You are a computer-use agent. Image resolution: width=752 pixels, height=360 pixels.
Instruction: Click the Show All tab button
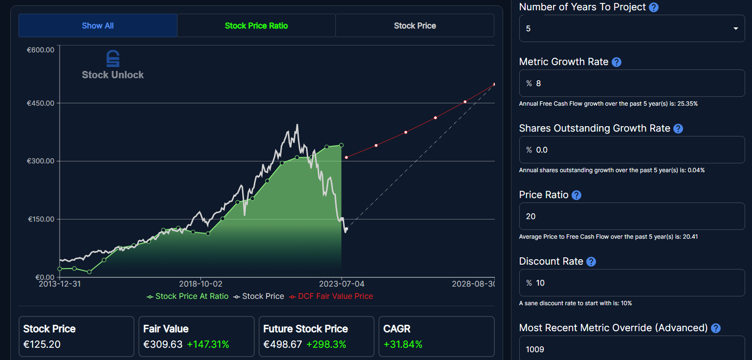click(98, 25)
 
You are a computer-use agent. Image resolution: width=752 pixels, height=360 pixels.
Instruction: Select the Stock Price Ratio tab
click(256, 25)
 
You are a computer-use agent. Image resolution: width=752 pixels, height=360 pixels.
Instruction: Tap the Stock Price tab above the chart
click(415, 25)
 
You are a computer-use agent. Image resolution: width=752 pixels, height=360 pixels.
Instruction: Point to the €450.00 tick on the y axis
click(41, 103)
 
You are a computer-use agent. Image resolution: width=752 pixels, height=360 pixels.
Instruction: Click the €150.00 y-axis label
click(41, 219)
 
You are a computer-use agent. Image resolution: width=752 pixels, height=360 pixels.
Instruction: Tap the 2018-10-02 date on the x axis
click(200, 284)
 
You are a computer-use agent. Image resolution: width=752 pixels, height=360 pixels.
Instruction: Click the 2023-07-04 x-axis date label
click(341, 284)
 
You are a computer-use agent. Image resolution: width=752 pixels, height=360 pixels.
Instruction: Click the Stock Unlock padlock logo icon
click(113, 59)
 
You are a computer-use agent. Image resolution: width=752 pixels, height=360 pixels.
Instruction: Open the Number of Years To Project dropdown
click(632, 28)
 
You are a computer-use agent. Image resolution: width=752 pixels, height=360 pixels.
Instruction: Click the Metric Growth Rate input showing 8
click(632, 83)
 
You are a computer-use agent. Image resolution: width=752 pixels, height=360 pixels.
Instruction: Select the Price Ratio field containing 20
click(632, 216)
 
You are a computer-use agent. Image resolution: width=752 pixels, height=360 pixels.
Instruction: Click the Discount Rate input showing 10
click(632, 283)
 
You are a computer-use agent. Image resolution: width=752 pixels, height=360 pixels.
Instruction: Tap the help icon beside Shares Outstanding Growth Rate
click(678, 129)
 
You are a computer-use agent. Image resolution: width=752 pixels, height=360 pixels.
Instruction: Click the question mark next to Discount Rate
click(591, 262)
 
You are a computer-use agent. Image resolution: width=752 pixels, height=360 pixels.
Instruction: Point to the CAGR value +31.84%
click(403, 344)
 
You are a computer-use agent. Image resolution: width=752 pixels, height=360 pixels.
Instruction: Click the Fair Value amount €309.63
click(163, 344)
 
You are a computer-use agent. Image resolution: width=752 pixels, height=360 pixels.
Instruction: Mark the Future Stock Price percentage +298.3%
click(326, 344)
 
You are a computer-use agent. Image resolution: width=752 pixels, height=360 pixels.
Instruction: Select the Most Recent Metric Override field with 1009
click(632, 349)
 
